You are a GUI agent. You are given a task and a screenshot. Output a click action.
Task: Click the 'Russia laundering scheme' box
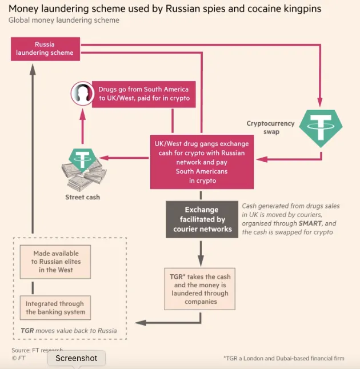(x=45, y=49)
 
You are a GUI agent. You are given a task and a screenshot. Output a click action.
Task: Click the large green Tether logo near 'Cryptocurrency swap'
(x=321, y=125)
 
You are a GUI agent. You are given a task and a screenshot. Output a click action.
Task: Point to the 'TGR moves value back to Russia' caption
(x=68, y=330)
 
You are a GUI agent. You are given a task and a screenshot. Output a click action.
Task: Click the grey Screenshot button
(x=76, y=359)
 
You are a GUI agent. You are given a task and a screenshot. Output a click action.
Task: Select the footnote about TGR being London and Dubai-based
(x=283, y=358)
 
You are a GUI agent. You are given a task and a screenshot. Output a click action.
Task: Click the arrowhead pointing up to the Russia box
(x=33, y=66)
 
